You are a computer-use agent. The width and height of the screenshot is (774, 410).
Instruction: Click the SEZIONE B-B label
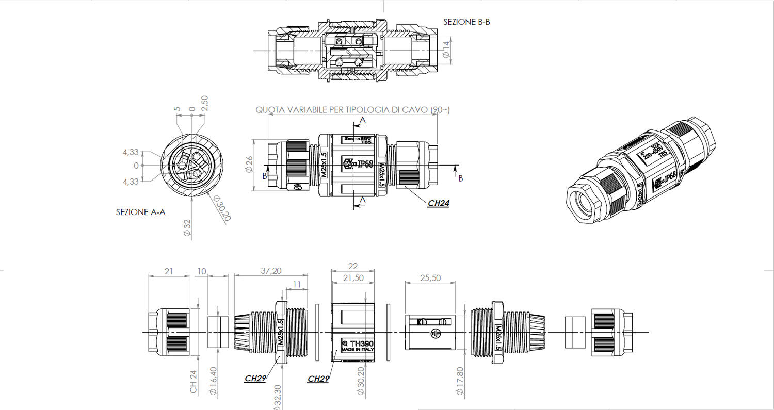click(466, 22)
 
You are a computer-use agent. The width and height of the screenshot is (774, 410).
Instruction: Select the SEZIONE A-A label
click(140, 212)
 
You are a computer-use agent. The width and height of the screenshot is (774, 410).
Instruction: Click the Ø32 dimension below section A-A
click(187, 227)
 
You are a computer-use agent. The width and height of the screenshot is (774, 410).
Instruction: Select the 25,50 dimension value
click(430, 278)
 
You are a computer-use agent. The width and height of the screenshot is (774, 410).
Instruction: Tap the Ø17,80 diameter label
click(460, 381)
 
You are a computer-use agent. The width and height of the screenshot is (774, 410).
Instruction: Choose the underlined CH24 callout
click(438, 203)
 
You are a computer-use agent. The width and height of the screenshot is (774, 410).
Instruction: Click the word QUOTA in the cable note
click(270, 110)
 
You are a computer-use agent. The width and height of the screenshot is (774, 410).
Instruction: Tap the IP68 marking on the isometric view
click(669, 177)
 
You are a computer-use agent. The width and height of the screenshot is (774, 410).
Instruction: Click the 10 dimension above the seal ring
click(201, 271)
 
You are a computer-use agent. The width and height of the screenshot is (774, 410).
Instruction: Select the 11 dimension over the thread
click(297, 284)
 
